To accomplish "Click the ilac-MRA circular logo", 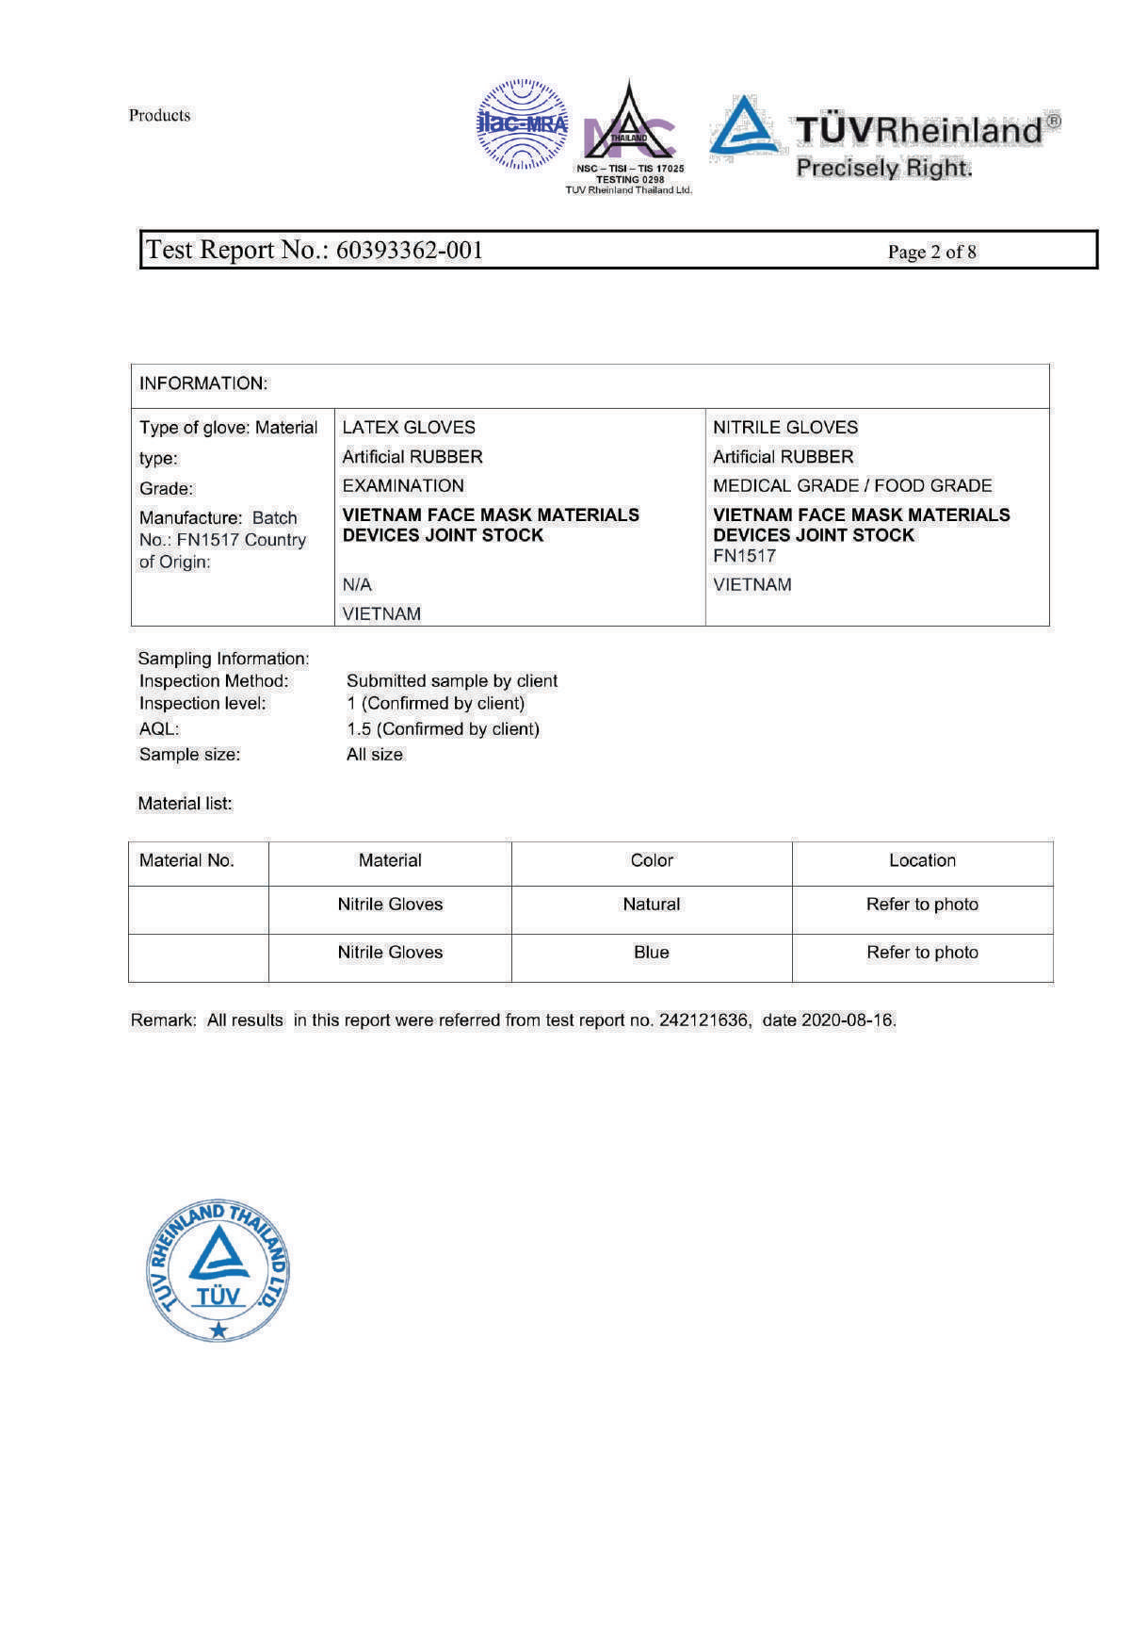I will point(523,124).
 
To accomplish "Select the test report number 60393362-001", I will point(409,250).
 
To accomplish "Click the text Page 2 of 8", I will point(931,252).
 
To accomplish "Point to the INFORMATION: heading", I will point(203,383).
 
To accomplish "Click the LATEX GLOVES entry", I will point(409,427).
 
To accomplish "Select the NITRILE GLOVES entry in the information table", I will point(785,427).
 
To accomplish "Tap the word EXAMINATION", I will point(403,485).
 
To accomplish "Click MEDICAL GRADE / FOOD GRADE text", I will point(852,485).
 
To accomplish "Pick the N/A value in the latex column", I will point(357,584).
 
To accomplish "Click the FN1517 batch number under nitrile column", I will point(744,556).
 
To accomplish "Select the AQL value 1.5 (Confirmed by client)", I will point(443,728).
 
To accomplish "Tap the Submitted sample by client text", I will point(452,680).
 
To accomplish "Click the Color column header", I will point(652,860).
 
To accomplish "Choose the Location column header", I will point(922,860).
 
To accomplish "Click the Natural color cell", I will point(651,904).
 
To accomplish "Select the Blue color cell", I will point(651,952).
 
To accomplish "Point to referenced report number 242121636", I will point(704,1020).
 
